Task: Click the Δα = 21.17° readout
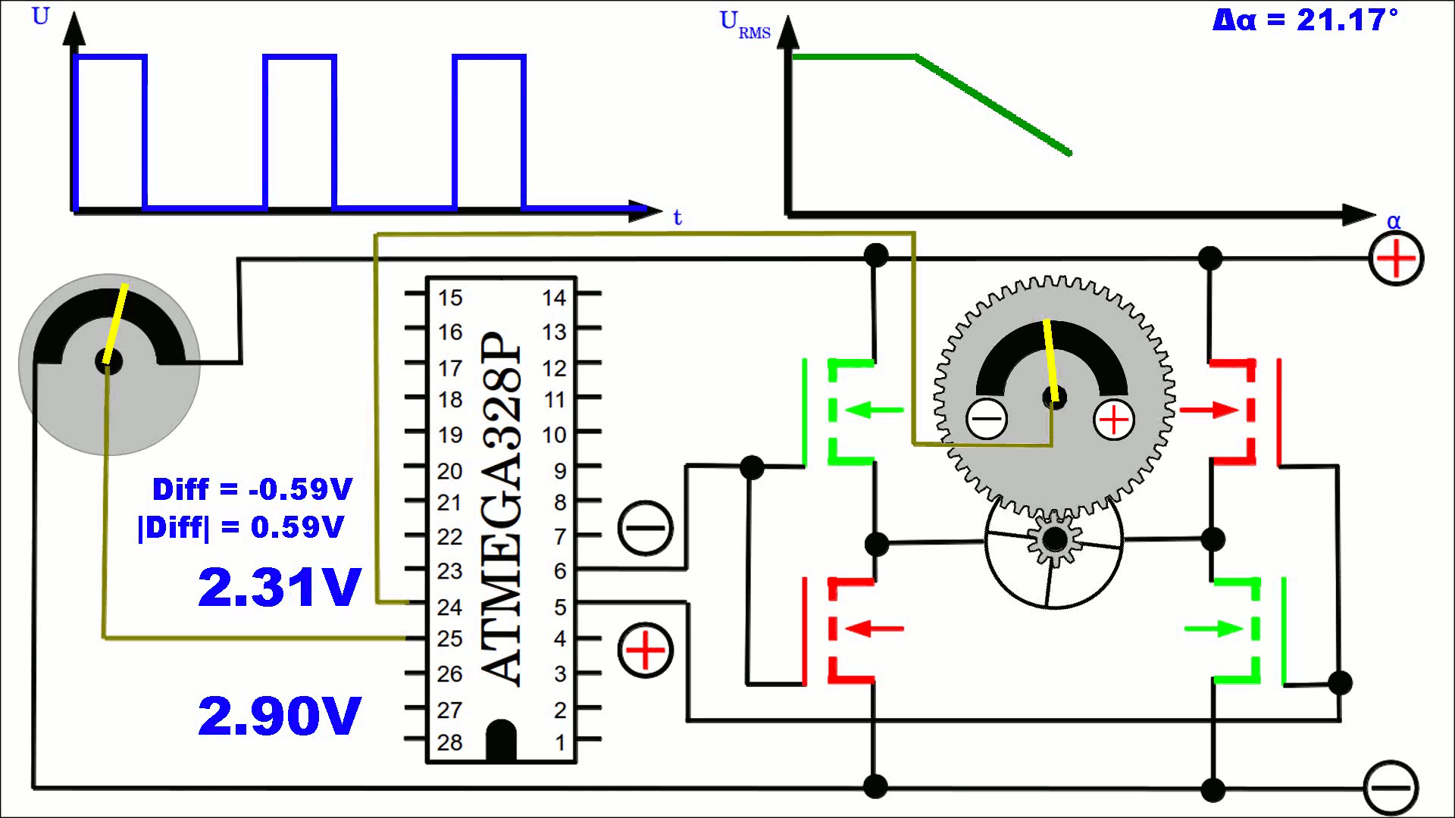coord(1305,20)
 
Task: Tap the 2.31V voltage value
coord(279,587)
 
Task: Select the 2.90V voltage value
coord(279,716)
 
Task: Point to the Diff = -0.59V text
coord(252,489)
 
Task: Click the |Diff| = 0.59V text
coord(241,526)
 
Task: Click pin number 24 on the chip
coord(449,607)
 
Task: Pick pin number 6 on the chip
coord(560,571)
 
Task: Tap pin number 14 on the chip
coord(554,298)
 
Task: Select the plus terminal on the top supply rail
coord(1396,259)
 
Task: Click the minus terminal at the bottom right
coord(1391,788)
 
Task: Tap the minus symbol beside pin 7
coord(646,528)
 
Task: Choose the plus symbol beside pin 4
coord(646,651)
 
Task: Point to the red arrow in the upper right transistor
coord(1209,411)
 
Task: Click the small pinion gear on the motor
coord(1054,540)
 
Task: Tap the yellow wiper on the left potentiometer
coord(116,324)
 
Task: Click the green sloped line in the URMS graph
coord(993,105)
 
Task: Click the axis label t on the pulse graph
coord(677,218)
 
